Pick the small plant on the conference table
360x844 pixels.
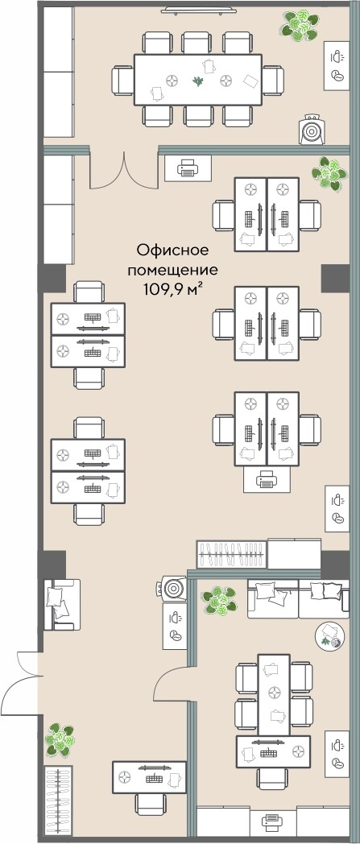pyautogui.click(x=198, y=80)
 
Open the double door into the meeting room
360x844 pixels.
pyautogui.click(x=122, y=169)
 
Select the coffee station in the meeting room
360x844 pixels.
pyautogui.click(x=336, y=66)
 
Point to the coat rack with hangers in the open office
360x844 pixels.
pyautogui.click(x=232, y=554)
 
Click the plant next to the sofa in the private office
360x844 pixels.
pyautogui.click(x=217, y=600)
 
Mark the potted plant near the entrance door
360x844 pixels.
pyautogui.click(x=59, y=738)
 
